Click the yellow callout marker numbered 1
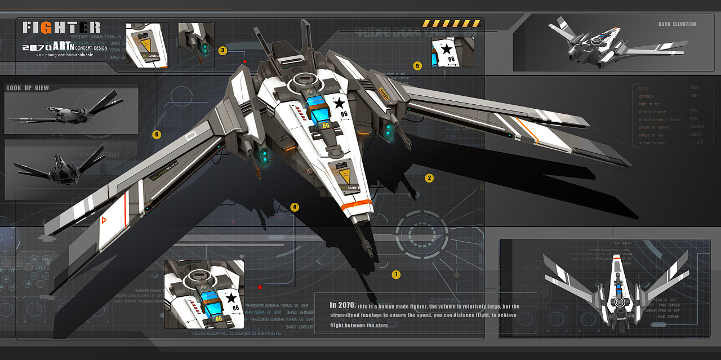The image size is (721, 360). pyautogui.click(x=396, y=275)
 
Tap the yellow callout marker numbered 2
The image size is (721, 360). pyautogui.click(x=429, y=178)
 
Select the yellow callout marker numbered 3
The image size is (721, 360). pyautogui.click(x=222, y=51)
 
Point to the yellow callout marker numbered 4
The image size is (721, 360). pyautogui.click(x=294, y=207)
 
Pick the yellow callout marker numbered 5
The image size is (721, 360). pyautogui.click(x=417, y=66)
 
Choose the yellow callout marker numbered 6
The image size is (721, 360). pyautogui.click(x=157, y=135)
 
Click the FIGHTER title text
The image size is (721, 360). pyautogui.click(x=62, y=28)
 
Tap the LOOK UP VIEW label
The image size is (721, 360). pyautogui.click(x=28, y=88)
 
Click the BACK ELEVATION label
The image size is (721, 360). pyautogui.click(x=677, y=24)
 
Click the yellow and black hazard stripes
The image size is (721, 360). pyautogui.click(x=451, y=24)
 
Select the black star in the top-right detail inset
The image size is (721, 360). pyautogui.click(x=447, y=50)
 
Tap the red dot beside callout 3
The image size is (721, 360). pyautogui.click(x=244, y=61)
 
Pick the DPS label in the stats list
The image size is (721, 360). pyautogui.click(x=643, y=88)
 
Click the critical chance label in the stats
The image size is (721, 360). pyautogui.click(x=652, y=112)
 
